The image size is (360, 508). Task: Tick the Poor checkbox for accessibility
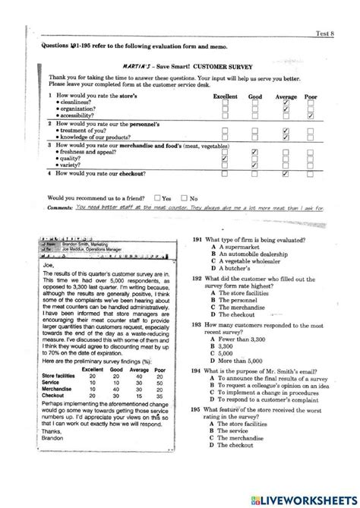pyautogui.click(x=311, y=116)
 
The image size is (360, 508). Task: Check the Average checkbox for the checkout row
pyautogui.click(x=285, y=174)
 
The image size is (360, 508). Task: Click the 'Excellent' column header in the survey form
pyautogui.click(x=225, y=97)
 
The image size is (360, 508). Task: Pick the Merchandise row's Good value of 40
pyautogui.click(x=114, y=389)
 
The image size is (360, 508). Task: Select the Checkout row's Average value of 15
pyautogui.click(x=137, y=395)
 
